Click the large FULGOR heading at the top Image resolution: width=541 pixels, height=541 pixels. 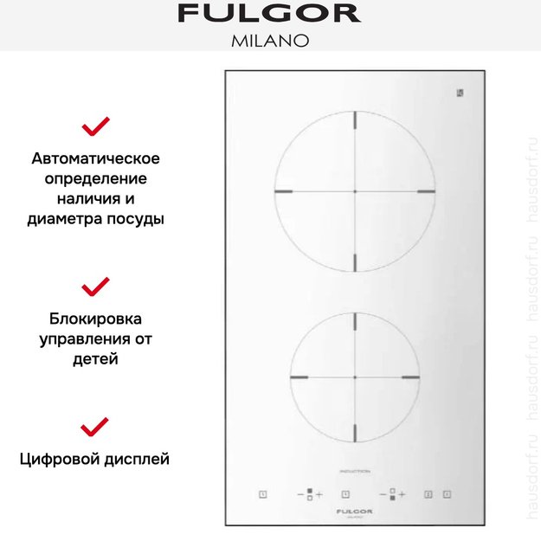(x=269, y=14)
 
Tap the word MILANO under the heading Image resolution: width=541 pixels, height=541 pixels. (x=269, y=40)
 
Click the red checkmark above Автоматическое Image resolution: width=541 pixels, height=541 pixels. (x=95, y=127)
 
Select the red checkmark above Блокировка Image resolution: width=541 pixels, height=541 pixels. (x=95, y=286)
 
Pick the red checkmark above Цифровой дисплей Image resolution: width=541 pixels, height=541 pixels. (x=95, y=426)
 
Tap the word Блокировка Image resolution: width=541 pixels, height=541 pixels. (x=95, y=318)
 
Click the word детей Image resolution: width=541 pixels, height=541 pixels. (x=95, y=357)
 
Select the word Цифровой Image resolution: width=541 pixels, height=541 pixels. (x=61, y=459)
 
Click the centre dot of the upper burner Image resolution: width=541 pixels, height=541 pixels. (x=355, y=190)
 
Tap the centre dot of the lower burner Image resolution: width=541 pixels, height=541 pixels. (x=355, y=378)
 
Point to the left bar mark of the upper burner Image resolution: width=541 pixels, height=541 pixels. (x=284, y=190)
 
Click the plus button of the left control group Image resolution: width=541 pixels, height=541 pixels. (x=319, y=494)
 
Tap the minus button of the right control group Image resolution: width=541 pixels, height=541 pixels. (x=382, y=494)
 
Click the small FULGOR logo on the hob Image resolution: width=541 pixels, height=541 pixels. (x=355, y=513)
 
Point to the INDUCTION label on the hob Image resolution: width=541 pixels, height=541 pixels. (x=355, y=471)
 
